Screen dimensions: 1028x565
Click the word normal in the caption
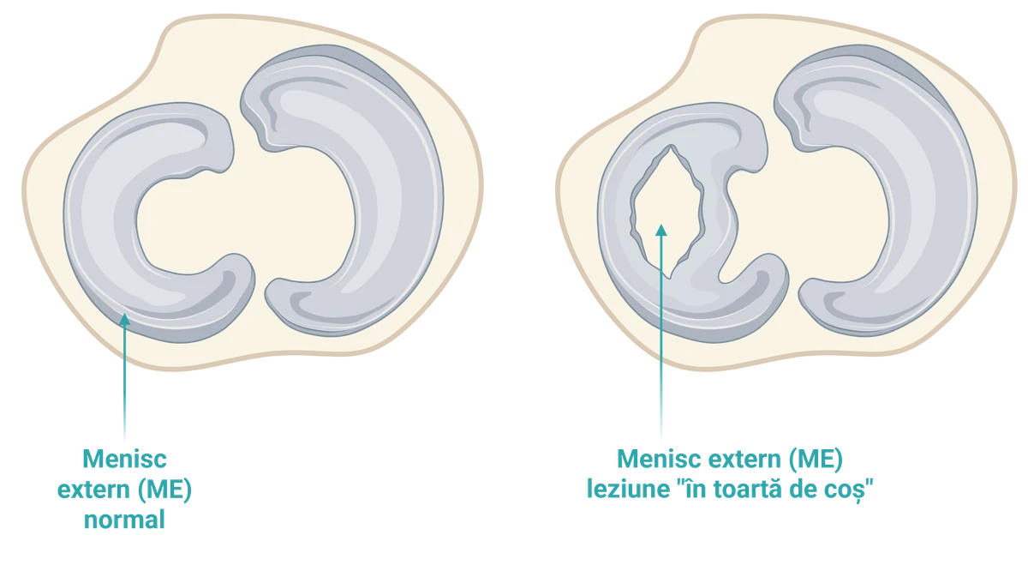point(124,520)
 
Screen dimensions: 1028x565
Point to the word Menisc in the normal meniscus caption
point(124,459)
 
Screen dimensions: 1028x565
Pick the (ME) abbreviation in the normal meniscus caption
point(163,490)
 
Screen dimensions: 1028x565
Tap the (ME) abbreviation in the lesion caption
point(816,460)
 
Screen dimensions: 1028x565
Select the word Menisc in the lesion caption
point(659,459)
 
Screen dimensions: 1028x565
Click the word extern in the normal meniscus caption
point(93,490)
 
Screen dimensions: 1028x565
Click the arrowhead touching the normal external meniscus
point(124,319)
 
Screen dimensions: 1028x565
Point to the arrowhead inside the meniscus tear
point(661,230)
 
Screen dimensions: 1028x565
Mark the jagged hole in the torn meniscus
point(666,211)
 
